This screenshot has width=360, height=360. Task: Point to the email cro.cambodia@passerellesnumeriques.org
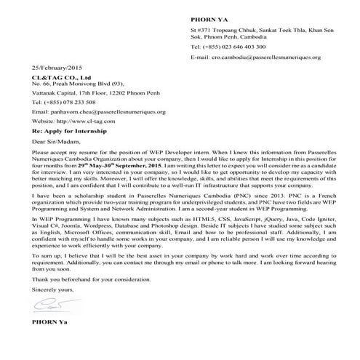264,55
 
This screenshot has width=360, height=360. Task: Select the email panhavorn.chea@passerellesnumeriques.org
99,112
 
